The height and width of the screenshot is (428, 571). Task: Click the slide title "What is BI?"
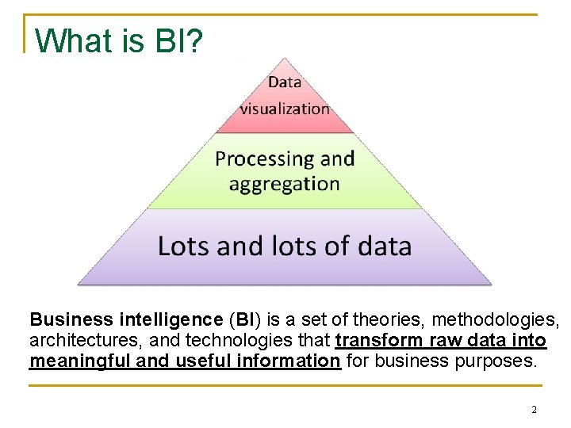[119, 40]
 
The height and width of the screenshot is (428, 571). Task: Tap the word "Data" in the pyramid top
[284, 82]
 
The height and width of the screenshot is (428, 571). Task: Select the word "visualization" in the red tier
[285, 109]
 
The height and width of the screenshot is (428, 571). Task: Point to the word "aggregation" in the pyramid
[284, 185]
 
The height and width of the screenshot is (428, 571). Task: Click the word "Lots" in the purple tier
[184, 246]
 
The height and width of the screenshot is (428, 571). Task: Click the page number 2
[534, 410]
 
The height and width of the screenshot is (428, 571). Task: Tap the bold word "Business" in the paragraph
[71, 320]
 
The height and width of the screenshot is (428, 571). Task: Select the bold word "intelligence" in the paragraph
[171, 320]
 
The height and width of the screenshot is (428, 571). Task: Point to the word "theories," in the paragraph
[385, 320]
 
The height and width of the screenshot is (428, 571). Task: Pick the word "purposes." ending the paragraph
[499, 361]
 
